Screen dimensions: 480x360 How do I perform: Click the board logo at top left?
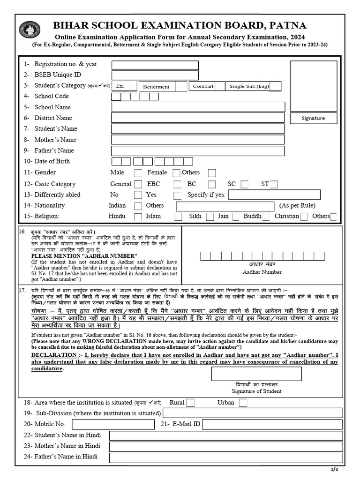30,31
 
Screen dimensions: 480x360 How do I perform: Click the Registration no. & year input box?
155,65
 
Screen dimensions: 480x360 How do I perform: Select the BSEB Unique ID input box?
155,75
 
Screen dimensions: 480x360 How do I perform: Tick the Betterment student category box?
180,86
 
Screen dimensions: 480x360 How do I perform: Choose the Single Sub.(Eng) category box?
276,86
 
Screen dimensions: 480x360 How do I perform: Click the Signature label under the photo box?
313,118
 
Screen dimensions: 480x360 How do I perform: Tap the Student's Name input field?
198,129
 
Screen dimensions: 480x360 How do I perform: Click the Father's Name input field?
198,151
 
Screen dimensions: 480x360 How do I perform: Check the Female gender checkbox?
176,173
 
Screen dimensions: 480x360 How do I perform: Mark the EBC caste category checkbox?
177,184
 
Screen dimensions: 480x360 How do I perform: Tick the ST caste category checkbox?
274,184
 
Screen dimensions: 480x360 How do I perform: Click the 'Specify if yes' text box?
274,195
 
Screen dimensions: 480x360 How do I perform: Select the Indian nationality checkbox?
138,206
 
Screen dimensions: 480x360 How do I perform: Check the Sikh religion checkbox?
210,217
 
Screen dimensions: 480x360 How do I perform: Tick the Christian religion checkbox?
304,217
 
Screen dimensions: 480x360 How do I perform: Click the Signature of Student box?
256,374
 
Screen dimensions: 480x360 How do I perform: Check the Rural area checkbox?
190,403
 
